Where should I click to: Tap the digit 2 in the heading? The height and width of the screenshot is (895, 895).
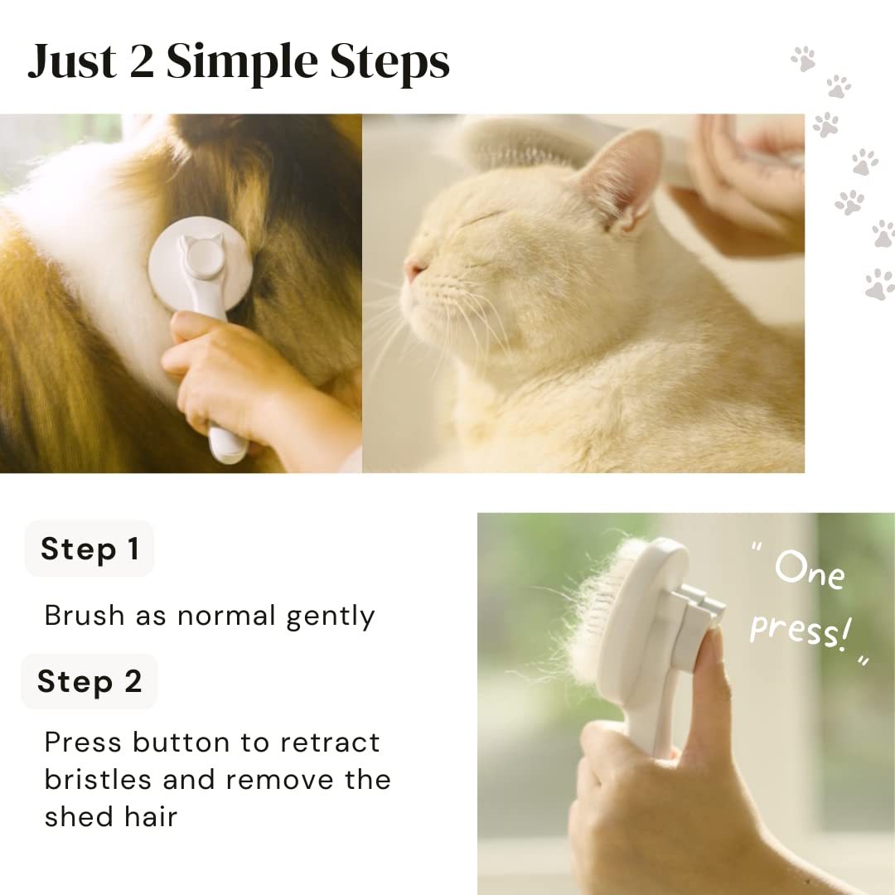coord(141,63)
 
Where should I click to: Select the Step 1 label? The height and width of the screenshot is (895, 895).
coord(89,549)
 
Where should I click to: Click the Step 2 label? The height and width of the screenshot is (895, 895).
coord(89,681)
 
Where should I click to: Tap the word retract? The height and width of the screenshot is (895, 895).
coord(331,743)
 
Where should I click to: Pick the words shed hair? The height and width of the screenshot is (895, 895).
coord(111,817)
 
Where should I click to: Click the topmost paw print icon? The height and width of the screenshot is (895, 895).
coord(802,58)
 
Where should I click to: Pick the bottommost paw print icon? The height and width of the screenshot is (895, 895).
coord(879,284)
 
